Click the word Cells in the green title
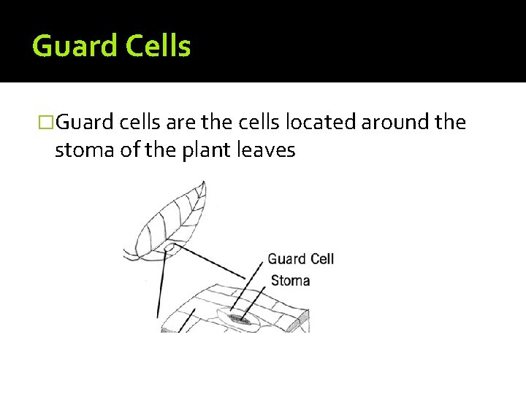[158, 47]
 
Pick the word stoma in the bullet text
[80, 150]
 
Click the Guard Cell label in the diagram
[300, 259]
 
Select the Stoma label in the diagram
[290, 280]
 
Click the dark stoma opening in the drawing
[239, 319]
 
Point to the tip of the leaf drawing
[204, 187]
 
